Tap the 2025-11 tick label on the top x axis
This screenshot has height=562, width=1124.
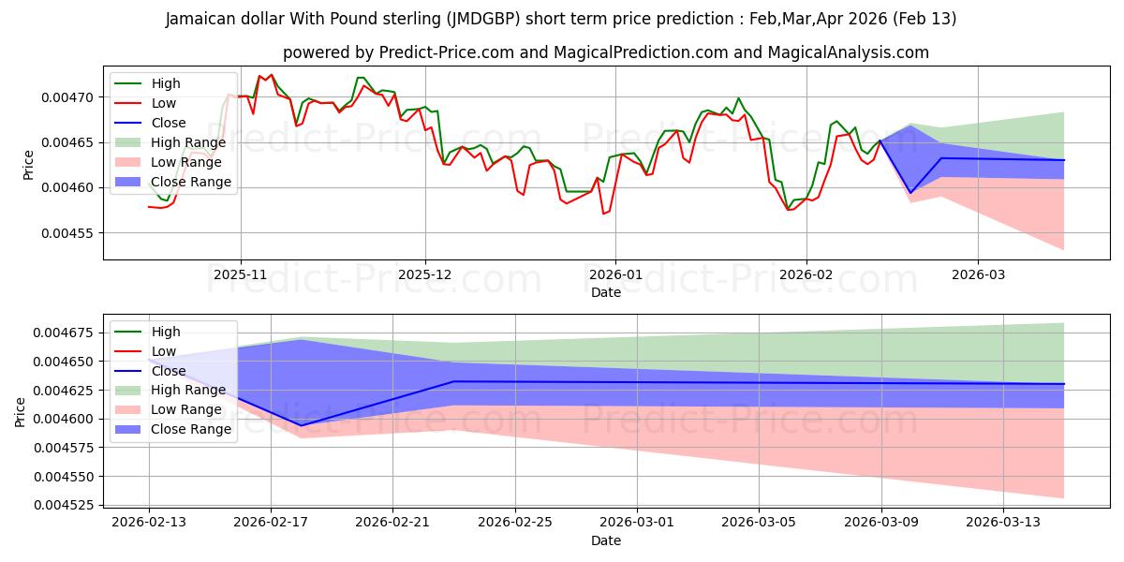click(x=241, y=275)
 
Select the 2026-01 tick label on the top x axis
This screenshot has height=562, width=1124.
click(x=614, y=275)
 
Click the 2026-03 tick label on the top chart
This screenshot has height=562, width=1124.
click(x=978, y=275)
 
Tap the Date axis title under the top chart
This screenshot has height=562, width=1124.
click(x=606, y=292)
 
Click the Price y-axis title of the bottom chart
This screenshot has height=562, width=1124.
click(x=21, y=412)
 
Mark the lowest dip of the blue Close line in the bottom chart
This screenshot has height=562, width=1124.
click(x=301, y=425)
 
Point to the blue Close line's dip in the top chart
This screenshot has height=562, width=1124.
click(x=910, y=193)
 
